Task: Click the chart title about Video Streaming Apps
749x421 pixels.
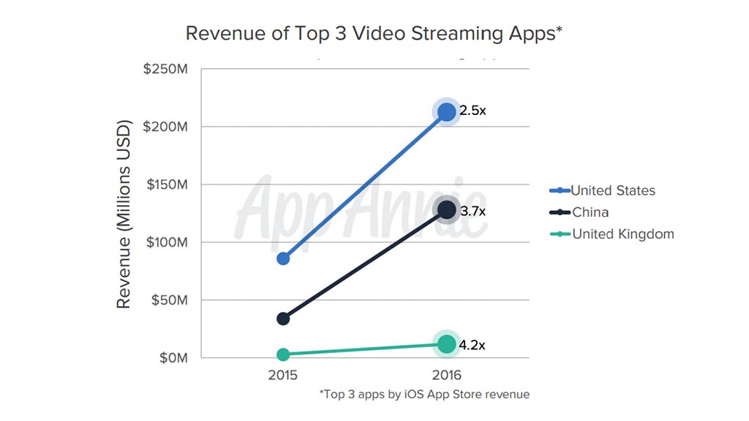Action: (x=374, y=34)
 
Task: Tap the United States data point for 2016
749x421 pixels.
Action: (x=447, y=112)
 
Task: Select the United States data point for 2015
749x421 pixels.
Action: (x=283, y=258)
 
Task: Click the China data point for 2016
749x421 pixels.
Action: (x=447, y=210)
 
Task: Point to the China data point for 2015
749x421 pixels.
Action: (x=283, y=318)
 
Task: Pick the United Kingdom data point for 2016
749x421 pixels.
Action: (x=447, y=344)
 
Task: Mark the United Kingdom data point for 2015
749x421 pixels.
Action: (x=283, y=354)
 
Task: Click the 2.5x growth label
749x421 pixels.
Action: (x=473, y=111)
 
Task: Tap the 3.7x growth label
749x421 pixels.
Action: (x=473, y=211)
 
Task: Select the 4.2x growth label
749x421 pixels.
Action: (x=473, y=344)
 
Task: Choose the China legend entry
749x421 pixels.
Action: (x=590, y=212)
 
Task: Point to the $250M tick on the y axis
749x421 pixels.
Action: (x=168, y=69)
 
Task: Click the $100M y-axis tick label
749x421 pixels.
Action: (x=168, y=242)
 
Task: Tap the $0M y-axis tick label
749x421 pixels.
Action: (x=173, y=358)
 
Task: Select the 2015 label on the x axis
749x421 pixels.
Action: (x=283, y=376)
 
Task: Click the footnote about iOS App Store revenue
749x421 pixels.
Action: (x=424, y=395)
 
